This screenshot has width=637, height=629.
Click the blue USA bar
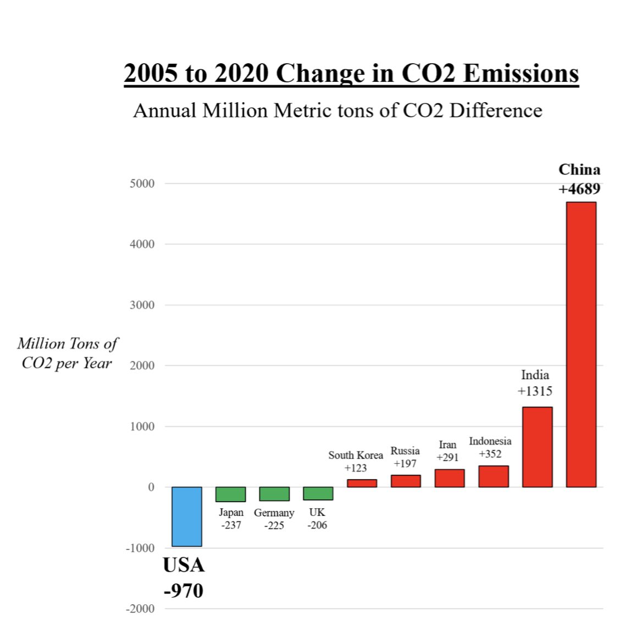pos(186,516)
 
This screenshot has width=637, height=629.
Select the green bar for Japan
pos(230,494)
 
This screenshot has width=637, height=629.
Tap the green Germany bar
pos(274,493)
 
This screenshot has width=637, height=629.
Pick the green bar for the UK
pos(318,493)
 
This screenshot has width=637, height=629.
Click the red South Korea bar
pos(362,483)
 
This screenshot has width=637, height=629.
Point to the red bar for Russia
pos(406,481)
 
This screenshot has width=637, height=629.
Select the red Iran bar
pos(449,478)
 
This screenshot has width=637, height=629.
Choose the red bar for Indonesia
pos(493,476)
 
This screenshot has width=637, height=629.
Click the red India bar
pos(537,447)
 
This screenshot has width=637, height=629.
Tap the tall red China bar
pos(581,344)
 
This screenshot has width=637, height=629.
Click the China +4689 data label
pos(579,179)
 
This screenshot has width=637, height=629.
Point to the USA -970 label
pos(184,578)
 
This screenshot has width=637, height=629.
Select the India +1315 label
pos(535,383)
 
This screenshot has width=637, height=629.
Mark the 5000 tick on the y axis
pos(142,183)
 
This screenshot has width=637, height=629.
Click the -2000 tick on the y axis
pos(140,609)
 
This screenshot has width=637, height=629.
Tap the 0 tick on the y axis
pos(151,487)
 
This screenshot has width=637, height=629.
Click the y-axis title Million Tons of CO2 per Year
pos(67,353)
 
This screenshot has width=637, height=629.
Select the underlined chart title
pos(351,74)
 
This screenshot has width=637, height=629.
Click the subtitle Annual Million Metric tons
pos(337,110)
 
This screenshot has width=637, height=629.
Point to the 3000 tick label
pos(142,305)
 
